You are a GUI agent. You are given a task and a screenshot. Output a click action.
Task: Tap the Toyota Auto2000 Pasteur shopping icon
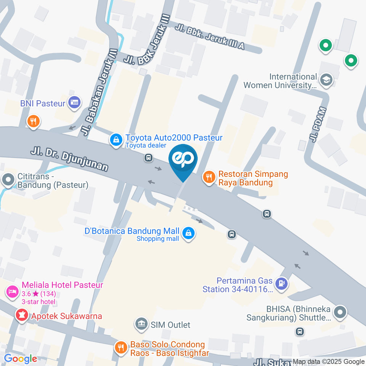(116, 140)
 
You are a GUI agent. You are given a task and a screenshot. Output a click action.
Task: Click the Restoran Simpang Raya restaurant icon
(209, 177)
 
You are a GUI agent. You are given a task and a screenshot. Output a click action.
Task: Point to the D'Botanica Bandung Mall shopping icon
(188, 233)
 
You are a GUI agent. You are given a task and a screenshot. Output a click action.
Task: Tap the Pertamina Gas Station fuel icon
(281, 283)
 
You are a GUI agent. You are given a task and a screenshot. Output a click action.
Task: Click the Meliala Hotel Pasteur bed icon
(12, 292)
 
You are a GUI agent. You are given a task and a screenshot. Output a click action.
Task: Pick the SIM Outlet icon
(142, 324)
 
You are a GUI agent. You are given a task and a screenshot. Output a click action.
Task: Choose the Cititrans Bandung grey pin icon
(8, 179)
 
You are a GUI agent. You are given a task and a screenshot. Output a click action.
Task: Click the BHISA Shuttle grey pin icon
(339, 312)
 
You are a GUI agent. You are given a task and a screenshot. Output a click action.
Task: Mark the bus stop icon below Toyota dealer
(149, 157)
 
